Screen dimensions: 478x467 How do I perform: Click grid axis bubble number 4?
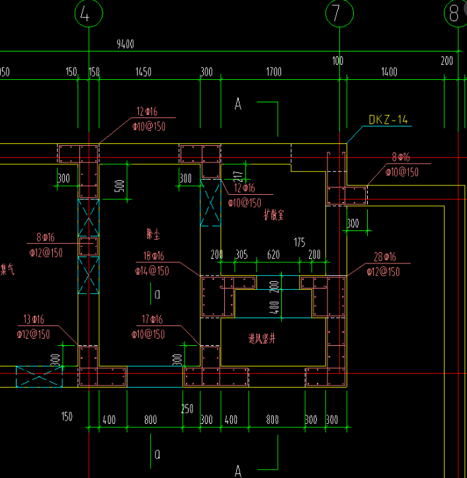(x=88, y=13)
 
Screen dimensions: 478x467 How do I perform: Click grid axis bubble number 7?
(x=338, y=13)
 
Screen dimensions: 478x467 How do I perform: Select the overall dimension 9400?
(x=125, y=44)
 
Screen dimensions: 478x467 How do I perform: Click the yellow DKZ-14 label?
(x=388, y=120)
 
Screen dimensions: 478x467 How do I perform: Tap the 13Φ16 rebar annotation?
(x=35, y=320)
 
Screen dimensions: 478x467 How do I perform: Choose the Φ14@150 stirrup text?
(x=151, y=270)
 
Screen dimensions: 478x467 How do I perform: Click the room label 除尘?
(x=154, y=234)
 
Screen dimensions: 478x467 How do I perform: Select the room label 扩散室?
(x=273, y=215)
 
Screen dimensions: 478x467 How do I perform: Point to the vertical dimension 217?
(x=237, y=177)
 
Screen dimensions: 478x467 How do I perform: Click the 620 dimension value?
(x=273, y=255)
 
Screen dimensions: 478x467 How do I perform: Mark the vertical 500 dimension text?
(x=120, y=186)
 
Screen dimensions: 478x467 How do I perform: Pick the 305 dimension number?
(x=241, y=255)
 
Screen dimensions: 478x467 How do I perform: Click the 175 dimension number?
(x=300, y=243)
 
